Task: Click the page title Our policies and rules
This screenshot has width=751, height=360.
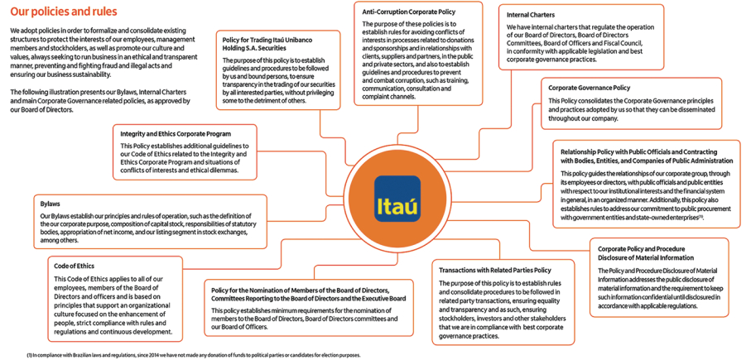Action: coord(64,12)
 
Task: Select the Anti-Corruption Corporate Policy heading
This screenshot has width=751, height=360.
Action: coord(408,12)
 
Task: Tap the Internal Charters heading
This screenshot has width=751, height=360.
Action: coord(531,14)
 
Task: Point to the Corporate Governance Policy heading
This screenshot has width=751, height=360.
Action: coord(589,88)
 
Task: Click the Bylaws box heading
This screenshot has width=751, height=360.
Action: coord(50,203)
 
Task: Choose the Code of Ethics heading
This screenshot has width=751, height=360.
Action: coord(74,266)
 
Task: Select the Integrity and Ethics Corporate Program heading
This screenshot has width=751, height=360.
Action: coord(176,133)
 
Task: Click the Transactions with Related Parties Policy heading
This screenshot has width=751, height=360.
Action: coord(494,270)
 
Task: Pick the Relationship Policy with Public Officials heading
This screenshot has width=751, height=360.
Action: coord(646,156)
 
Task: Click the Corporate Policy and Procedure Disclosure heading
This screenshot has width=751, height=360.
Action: coord(646,252)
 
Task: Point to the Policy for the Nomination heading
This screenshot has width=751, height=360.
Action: coord(308,294)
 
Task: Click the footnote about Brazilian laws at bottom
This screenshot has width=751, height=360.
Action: coord(194,354)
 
